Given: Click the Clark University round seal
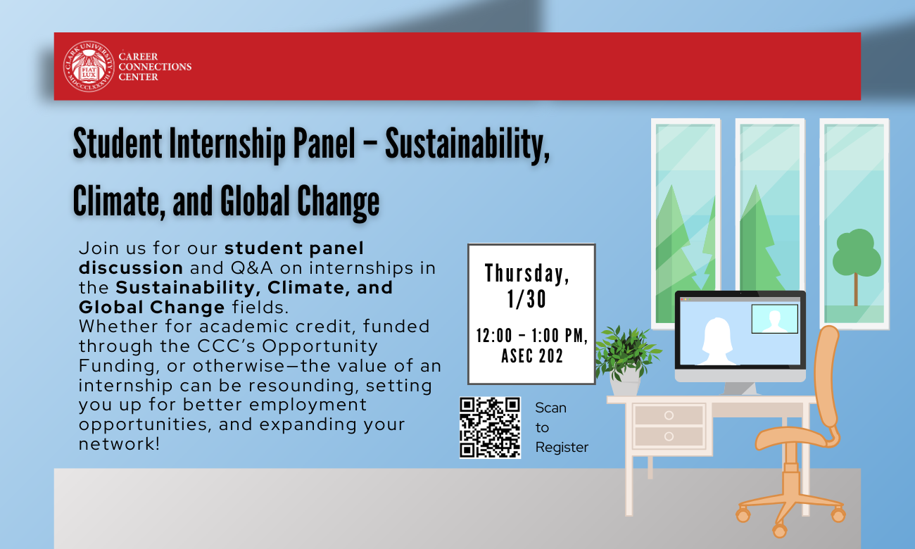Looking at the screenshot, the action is pyautogui.click(x=89, y=67).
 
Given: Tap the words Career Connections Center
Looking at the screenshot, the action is pyautogui.click(x=155, y=67).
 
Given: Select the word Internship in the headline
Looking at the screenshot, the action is pyautogui.click(x=227, y=144).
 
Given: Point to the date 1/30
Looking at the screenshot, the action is pyautogui.click(x=526, y=299).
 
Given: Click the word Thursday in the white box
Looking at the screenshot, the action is pyautogui.click(x=527, y=273).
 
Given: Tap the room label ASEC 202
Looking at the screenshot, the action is pyautogui.click(x=532, y=355).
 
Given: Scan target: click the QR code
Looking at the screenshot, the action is pyautogui.click(x=490, y=428).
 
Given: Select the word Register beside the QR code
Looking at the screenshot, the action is pyautogui.click(x=562, y=448).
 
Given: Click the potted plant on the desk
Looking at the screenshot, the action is pyautogui.click(x=626, y=360).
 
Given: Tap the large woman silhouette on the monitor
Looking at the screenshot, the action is pyautogui.click(x=717, y=341).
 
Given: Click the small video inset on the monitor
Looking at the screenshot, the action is pyautogui.click(x=774, y=319).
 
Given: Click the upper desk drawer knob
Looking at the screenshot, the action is pyautogui.click(x=669, y=415).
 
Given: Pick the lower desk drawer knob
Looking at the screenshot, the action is pyautogui.click(x=669, y=436).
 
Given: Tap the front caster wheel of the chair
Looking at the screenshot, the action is pyautogui.click(x=779, y=531).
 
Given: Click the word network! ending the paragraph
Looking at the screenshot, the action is pyautogui.click(x=119, y=444).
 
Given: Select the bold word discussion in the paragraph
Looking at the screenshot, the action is pyautogui.click(x=131, y=268).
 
